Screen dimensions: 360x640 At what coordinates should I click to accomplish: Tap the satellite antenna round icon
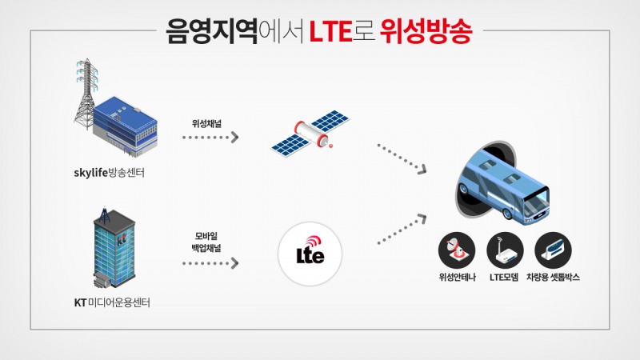pos(457,250)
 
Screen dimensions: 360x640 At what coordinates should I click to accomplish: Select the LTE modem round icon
pos(505,250)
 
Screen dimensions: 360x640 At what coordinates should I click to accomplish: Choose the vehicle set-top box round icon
pos(553,250)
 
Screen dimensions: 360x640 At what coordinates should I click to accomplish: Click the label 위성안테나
pos(457,278)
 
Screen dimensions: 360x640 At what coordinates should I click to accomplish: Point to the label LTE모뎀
pos(505,278)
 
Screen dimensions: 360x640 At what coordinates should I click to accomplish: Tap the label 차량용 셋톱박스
pos(553,278)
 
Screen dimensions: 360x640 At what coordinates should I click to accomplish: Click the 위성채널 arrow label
pos(210,124)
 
